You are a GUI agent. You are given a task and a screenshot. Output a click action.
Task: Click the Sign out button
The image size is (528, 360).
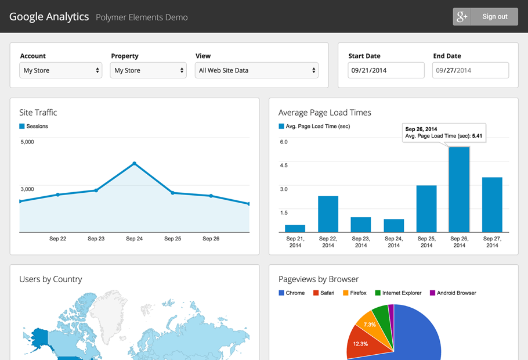point(485,17)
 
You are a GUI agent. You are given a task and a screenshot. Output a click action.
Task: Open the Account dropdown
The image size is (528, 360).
point(60,70)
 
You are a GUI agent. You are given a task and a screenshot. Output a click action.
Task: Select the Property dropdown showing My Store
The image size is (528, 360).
point(148,70)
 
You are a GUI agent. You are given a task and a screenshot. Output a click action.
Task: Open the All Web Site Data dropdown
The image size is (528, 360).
point(257,70)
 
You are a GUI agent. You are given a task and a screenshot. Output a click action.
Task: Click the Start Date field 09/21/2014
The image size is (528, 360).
point(386,70)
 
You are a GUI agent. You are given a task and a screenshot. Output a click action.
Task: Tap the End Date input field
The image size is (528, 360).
point(471,70)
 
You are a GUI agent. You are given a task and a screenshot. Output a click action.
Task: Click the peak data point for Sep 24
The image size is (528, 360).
point(135,164)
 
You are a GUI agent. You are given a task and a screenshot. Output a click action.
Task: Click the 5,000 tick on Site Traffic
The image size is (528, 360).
point(27,142)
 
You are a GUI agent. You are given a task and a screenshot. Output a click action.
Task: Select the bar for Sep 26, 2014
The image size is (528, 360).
point(459,190)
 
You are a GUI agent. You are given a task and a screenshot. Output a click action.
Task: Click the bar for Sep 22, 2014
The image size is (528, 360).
point(328,214)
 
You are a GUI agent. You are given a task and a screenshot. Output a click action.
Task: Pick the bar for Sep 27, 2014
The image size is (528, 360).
point(492,205)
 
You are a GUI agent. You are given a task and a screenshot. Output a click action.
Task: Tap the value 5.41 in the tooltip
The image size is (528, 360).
point(477,136)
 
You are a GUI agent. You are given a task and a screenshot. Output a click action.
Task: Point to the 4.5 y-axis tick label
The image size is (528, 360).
point(284,165)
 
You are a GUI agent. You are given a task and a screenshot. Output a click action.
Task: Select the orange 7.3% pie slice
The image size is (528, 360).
point(370,323)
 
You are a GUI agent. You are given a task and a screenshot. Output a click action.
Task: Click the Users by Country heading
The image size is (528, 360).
point(50,279)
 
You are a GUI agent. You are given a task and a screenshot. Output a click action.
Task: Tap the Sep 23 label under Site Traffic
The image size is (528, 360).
point(96,239)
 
